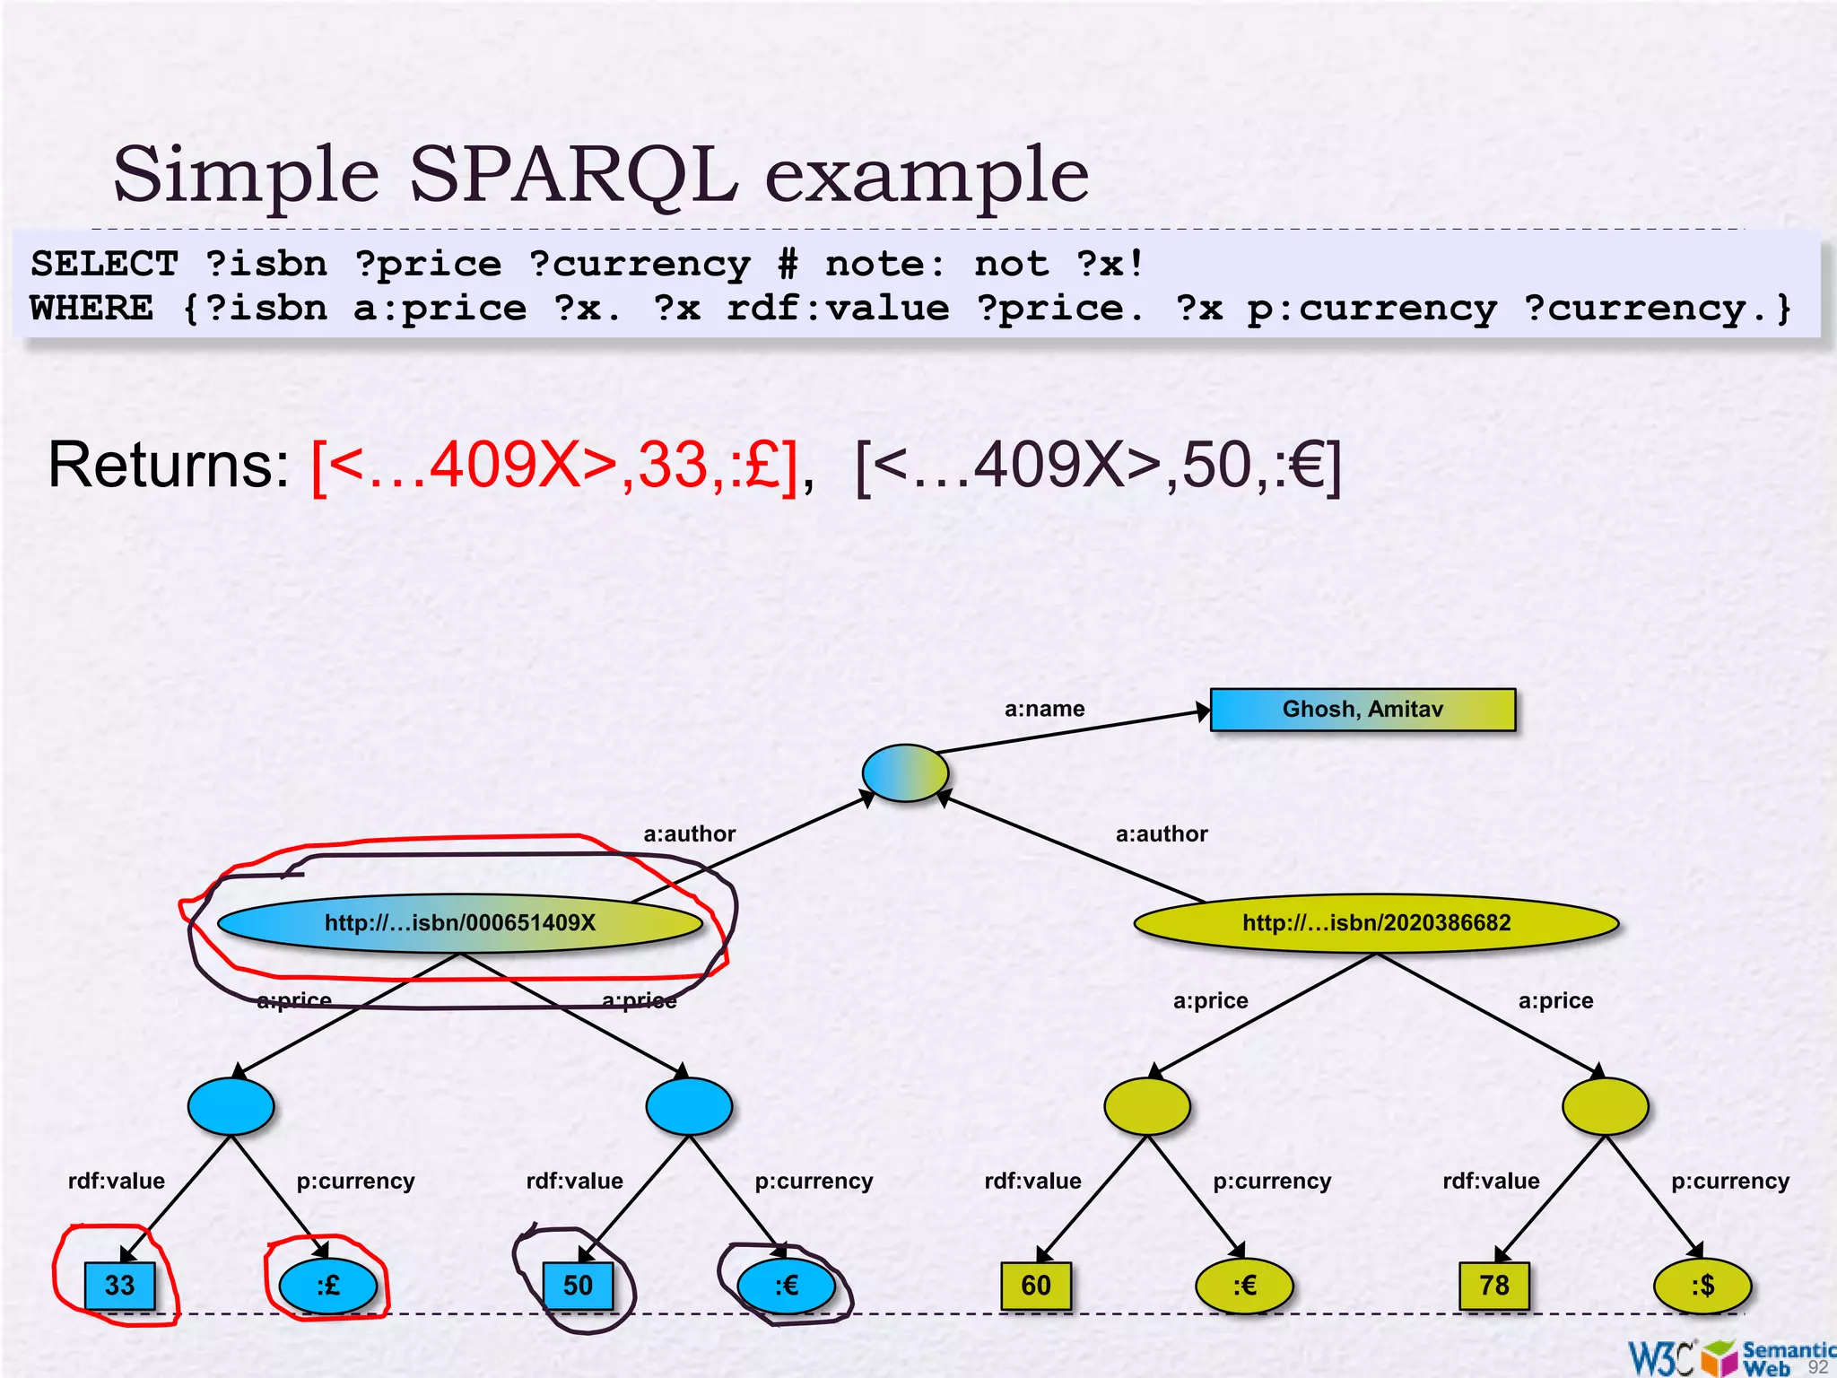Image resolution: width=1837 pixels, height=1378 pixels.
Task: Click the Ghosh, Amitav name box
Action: [1362, 710]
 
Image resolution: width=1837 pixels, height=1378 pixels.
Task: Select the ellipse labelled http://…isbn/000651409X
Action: [459, 923]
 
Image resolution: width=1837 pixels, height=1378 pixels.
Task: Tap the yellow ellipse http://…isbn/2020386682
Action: [1376, 923]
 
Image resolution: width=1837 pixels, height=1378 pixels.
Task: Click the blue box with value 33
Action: [119, 1286]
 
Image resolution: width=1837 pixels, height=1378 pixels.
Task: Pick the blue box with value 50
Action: [578, 1286]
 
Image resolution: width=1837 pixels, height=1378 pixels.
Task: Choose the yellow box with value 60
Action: [1035, 1286]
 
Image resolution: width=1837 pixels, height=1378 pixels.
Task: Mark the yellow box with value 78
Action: [1493, 1286]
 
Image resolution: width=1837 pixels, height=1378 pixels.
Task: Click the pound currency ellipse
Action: [328, 1286]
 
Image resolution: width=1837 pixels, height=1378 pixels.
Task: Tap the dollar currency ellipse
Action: [1702, 1286]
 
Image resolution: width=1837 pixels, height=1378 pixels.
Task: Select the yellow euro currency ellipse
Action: [1244, 1286]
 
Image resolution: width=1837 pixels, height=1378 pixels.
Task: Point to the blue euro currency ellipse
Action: [786, 1286]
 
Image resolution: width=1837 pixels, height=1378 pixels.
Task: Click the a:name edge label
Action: [1044, 709]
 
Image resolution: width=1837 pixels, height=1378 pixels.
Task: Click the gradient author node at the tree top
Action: [905, 772]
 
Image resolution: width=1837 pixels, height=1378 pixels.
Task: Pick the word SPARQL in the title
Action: [574, 174]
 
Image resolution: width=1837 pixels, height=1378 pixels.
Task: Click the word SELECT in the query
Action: [105, 264]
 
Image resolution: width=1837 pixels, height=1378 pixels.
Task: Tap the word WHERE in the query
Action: [91, 308]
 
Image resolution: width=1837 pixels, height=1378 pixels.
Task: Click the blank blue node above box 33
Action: [231, 1106]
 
